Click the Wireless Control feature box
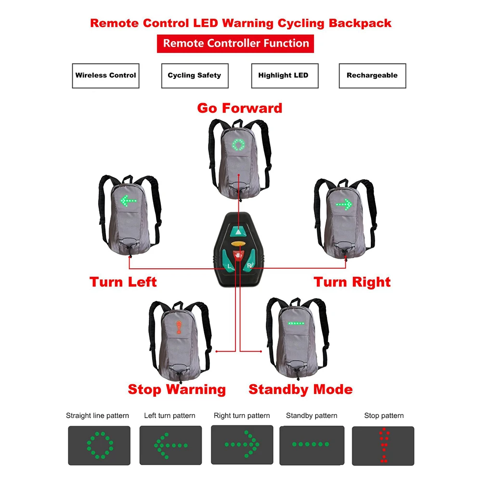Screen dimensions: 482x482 click(x=105, y=76)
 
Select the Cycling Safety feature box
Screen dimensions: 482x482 click(x=195, y=76)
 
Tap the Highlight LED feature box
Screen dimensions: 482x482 click(x=284, y=76)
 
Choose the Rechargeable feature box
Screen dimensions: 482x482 click(x=372, y=76)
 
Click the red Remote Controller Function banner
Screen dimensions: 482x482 click(x=235, y=43)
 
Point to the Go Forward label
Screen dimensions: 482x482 click(x=240, y=108)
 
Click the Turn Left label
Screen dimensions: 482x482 click(x=123, y=282)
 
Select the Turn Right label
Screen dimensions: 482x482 click(x=352, y=282)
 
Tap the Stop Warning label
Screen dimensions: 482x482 click(x=177, y=389)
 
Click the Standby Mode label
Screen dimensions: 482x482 click(x=300, y=389)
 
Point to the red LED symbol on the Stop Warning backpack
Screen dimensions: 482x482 click(x=179, y=327)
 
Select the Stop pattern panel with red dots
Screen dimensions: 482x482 click(x=383, y=445)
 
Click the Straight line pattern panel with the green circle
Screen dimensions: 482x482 click(x=98, y=445)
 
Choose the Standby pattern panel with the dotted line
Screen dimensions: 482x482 click(x=312, y=445)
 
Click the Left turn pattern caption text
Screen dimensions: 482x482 click(x=169, y=416)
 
